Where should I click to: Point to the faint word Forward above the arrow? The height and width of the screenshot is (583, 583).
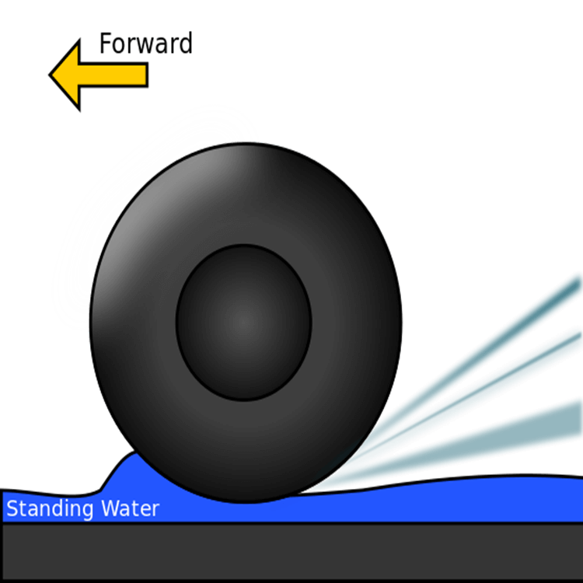145,43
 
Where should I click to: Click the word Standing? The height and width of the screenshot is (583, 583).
51,510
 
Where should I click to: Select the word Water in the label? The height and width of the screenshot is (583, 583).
130,510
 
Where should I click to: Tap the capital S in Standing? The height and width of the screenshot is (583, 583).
12,510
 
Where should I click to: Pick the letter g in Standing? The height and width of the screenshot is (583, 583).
89,512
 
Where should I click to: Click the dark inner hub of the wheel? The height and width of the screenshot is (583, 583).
243,321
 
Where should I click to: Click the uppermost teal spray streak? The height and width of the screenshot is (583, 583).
497,342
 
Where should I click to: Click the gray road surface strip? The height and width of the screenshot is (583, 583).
291,552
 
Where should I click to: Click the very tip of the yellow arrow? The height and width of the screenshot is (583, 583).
53,75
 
